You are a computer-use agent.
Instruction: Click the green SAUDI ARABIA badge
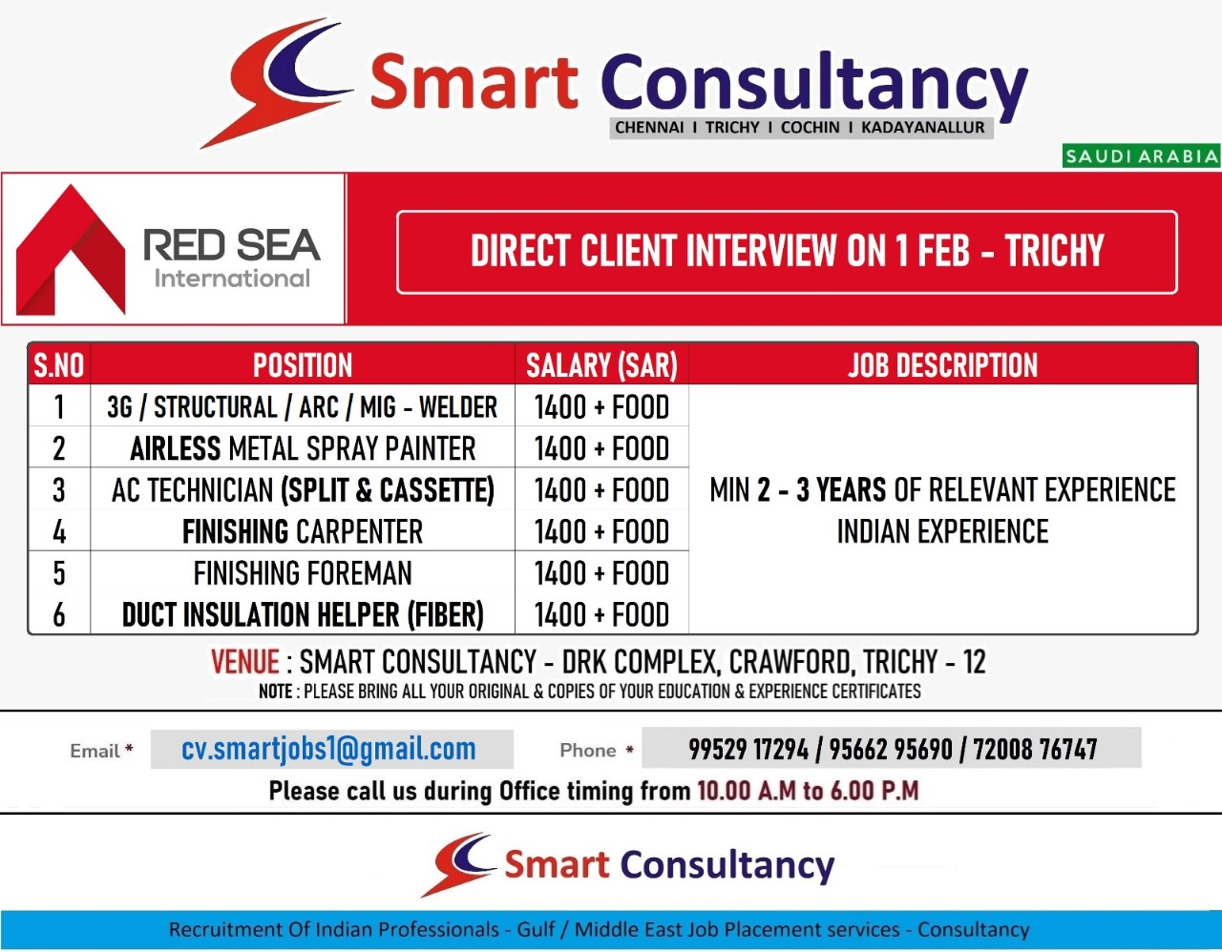tap(1141, 155)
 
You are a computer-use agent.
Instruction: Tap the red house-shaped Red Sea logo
tap(71, 250)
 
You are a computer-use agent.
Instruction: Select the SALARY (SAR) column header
tap(601, 365)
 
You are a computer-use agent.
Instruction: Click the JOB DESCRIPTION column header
tap(942, 365)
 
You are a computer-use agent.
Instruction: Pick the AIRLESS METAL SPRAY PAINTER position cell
tap(303, 448)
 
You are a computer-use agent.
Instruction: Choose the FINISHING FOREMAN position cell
tap(303, 573)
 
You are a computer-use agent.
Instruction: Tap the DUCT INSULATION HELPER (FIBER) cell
tap(303, 614)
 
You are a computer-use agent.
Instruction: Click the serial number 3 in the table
tap(59, 489)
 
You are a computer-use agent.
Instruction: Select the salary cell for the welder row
tap(601, 407)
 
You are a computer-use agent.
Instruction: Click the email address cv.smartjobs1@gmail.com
tap(328, 749)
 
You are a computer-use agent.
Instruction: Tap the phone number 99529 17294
tap(748, 749)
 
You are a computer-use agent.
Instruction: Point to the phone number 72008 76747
tap(1035, 749)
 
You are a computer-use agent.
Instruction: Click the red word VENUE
tap(244, 661)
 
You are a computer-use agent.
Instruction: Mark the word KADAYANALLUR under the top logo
tap(923, 128)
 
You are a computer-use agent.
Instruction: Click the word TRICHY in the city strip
tap(732, 128)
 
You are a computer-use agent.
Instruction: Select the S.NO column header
tap(59, 365)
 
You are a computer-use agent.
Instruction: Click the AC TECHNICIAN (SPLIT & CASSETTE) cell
tap(303, 489)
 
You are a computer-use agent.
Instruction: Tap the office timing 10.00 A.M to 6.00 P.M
tap(808, 791)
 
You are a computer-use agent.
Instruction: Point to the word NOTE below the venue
tap(275, 692)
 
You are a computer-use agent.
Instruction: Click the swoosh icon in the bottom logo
tap(458, 864)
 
